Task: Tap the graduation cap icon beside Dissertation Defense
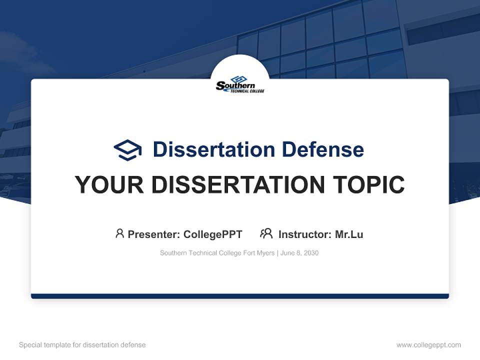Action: pos(127,149)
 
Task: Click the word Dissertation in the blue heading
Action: pos(213,149)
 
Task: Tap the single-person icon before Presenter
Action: pos(119,233)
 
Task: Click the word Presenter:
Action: pos(154,234)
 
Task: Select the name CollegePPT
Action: pos(212,234)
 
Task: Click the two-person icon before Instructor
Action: pos(266,233)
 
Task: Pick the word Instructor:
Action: pos(304,234)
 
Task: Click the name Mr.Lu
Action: pos(349,234)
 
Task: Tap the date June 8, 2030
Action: pos(299,253)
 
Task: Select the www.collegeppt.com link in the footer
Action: pos(428,345)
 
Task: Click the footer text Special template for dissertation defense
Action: pos(82,345)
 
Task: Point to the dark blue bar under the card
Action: pos(240,296)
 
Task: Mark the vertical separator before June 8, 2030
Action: pos(277,253)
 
